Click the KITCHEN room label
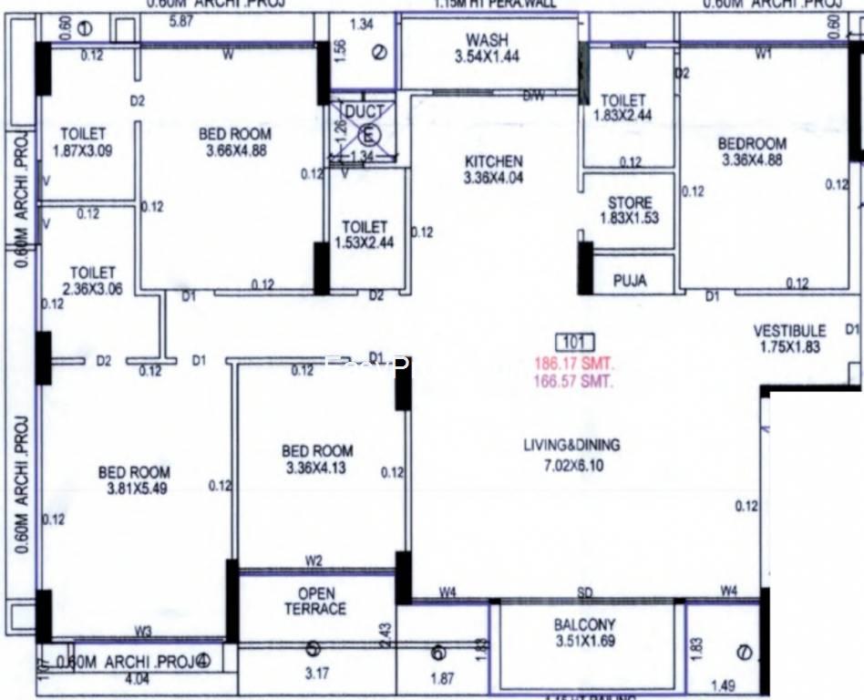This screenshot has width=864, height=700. [x=492, y=161]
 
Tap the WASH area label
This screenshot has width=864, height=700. [x=487, y=40]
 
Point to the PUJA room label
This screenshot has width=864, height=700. [x=629, y=281]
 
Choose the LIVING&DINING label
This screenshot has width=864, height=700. [x=571, y=446]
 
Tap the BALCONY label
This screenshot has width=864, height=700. [x=584, y=625]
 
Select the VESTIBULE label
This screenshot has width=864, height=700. [x=789, y=330]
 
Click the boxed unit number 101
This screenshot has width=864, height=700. [x=574, y=344]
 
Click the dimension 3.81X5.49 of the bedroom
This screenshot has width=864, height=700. [x=134, y=489]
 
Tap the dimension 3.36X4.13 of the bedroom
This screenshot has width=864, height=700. [x=317, y=468]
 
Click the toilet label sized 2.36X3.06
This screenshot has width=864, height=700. [x=93, y=273]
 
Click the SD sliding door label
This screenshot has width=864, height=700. [x=585, y=592]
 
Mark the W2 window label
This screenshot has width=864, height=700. [x=314, y=561]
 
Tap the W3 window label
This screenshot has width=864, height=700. [x=143, y=629]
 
